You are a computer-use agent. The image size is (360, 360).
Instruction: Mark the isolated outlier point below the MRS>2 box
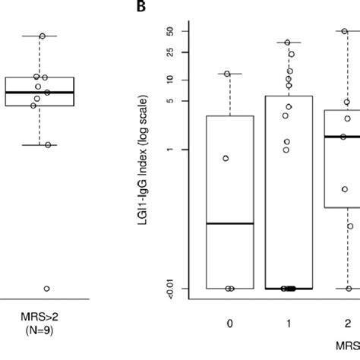[46, 289]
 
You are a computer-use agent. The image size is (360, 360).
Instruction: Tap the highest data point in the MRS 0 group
[227, 74]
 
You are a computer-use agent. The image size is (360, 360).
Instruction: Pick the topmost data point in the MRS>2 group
[43, 36]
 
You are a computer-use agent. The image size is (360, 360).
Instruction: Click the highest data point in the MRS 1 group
[288, 43]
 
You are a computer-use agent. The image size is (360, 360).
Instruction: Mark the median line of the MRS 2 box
[342, 137]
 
